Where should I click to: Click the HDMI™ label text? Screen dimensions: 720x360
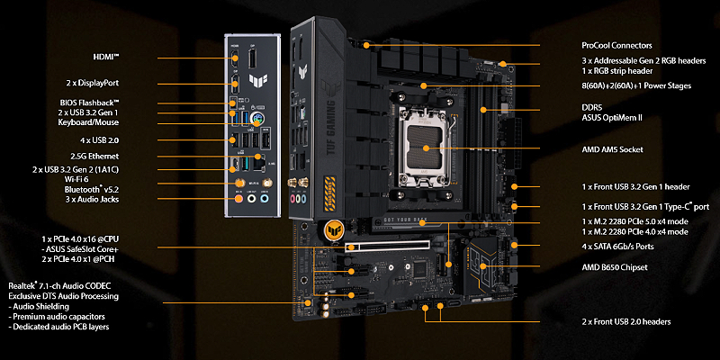tap(106, 58)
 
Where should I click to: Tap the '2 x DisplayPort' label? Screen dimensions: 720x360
tap(93, 83)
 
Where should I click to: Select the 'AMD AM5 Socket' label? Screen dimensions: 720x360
tap(612, 149)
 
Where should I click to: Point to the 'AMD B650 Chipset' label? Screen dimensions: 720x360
tap(615, 267)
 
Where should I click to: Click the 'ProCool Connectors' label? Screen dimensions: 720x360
tap(616, 46)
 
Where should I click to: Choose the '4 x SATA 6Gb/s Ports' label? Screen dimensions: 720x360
tap(617, 247)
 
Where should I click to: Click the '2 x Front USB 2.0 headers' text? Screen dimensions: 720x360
tap(625, 322)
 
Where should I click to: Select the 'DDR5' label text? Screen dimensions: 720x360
tap(592, 107)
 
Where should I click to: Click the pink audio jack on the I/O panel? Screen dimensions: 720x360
tap(238, 198)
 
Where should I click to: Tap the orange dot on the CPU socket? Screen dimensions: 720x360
tap(426, 148)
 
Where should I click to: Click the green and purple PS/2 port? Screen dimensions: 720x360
tap(257, 119)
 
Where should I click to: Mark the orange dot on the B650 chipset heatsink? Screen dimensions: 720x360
tap(483, 265)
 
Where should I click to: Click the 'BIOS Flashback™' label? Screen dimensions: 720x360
tap(89, 103)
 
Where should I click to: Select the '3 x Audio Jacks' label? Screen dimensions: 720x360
tap(92, 199)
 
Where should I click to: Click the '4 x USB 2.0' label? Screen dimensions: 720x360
tap(100, 140)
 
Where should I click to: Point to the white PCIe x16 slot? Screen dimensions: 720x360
tap(387, 247)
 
